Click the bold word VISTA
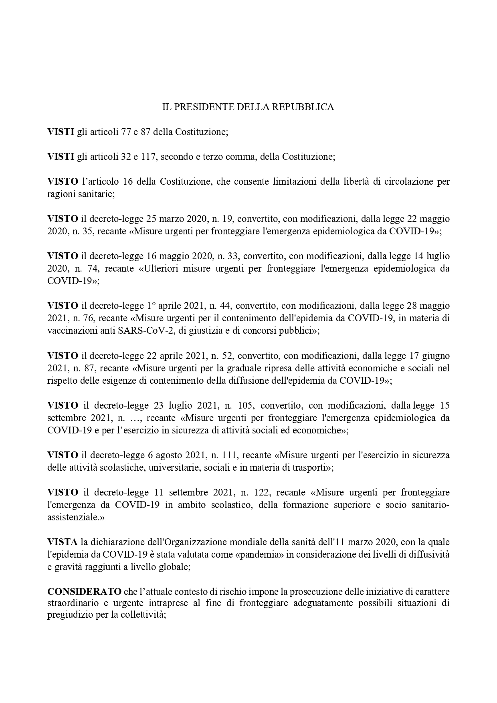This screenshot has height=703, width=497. [x=63, y=542]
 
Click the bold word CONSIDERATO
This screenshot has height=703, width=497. [x=85, y=592]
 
